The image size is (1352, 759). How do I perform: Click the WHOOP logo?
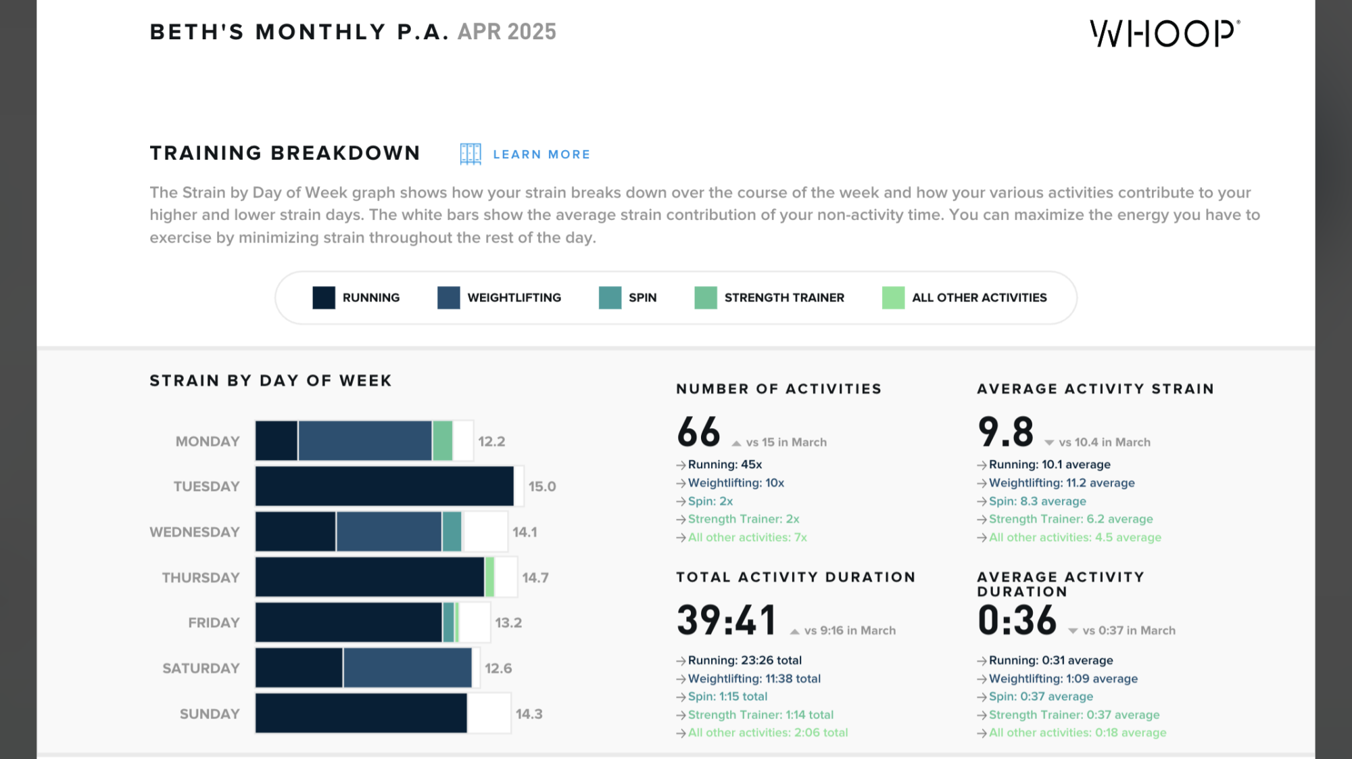pyautogui.click(x=1165, y=33)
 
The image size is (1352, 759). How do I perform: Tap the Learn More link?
pyautogui.click(x=541, y=154)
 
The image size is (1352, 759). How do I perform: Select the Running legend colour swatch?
pyautogui.click(x=324, y=298)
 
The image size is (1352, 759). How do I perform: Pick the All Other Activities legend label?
pyautogui.click(x=979, y=298)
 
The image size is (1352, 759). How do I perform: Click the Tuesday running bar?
pyautogui.click(x=384, y=486)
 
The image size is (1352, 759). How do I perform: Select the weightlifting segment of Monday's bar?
pyautogui.click(x=364, y=441)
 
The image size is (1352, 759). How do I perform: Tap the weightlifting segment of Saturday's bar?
pyautogui.click(x=407, y=668)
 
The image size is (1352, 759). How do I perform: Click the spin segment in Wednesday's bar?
pyautogui.click(x=452, y=532)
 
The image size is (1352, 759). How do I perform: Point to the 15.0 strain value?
pyautogui.click(x=541, y=486)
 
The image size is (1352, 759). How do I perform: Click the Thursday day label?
pyautogui.click(x=201, y=578)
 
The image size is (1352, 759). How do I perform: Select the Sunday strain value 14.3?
pyautogui.click(x=529, y=714)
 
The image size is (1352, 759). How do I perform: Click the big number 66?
pyautogui.click(x=698, y=432)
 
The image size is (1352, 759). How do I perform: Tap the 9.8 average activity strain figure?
pyautogui.click(x=1005, y=432)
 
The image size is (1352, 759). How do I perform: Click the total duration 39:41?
pyautogui.click(x=726, y=620)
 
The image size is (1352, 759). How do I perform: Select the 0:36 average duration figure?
pyautogui.click(x=1017, y=620)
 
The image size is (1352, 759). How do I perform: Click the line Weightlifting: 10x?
pyautogui.click(x=735, y=483)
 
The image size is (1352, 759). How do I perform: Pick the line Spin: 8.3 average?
pyautogui.click(x=1037, y=501)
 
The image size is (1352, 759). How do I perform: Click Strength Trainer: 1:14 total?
pyautogui.click(x=760, y=714)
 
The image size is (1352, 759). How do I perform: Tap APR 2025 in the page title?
pyautogui.click(x=506, y=32)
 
